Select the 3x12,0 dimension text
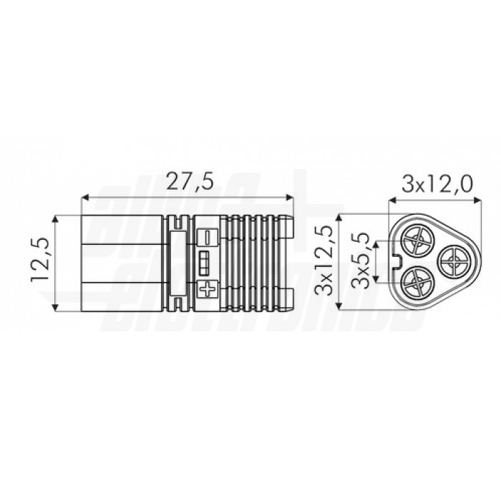(x=437, y=185)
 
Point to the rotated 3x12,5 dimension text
(x=327, y=261)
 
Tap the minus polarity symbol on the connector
(x=208, y=235)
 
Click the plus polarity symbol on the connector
(x=208, y=290)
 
